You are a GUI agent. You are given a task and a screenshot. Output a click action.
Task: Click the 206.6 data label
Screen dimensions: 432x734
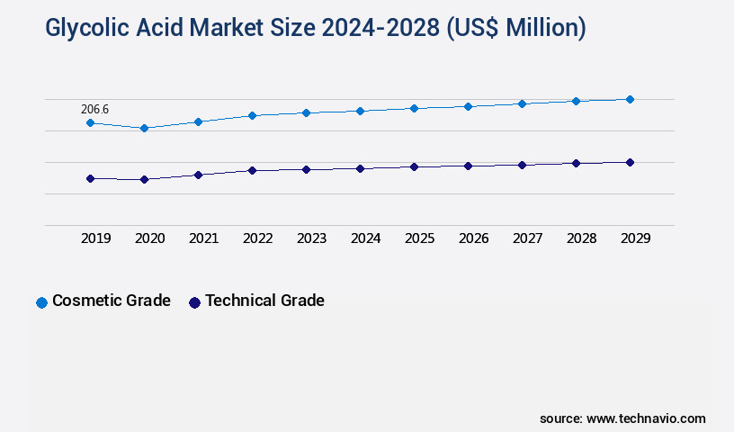point(94,109)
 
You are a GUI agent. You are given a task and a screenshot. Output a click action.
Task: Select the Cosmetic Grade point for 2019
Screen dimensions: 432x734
point(90,122)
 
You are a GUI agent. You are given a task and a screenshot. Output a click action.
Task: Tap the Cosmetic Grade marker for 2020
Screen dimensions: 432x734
point(144,128)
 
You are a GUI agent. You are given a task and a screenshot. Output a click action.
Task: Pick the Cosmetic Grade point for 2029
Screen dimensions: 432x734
point(630,99)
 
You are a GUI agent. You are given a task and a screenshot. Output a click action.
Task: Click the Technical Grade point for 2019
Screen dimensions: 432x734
point(90,178)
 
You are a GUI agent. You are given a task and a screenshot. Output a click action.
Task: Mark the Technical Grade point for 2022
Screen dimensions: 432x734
point(252,170)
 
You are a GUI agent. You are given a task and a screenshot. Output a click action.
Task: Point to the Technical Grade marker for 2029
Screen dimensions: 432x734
point(630,162)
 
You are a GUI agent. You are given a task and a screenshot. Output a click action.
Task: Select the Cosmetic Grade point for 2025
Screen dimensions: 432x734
point(414,108)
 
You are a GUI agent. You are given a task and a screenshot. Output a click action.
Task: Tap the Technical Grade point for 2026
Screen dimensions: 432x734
point(468,166)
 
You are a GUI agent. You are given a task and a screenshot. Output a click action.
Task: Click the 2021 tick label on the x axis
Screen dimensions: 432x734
point(203,238)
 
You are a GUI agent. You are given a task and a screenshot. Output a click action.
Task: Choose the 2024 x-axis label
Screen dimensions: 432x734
point(365,238)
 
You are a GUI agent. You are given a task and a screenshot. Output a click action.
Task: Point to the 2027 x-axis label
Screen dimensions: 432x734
point(527,238)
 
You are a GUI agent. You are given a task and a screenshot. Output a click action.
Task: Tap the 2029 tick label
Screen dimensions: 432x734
point(635,238)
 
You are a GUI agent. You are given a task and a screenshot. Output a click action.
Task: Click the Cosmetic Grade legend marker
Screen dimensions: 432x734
point(41,302)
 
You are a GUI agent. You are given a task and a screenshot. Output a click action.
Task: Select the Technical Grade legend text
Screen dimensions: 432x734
point(264,301)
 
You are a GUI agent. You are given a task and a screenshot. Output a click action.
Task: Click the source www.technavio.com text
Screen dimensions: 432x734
point(622,418)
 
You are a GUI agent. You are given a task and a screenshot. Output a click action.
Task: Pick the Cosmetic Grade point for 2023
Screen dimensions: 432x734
point(306,112)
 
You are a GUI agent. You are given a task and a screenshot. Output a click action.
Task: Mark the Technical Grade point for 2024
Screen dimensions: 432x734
point(360,168)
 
